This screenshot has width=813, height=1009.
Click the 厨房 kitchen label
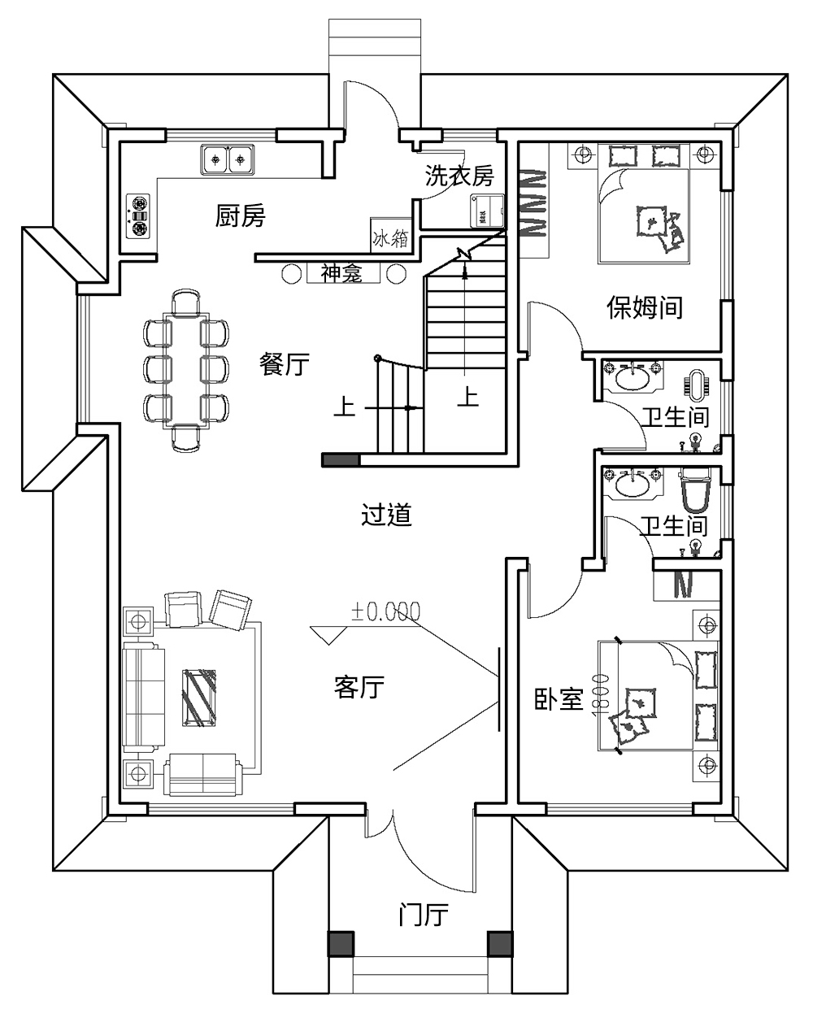pyautogui.click(x=241, y=216)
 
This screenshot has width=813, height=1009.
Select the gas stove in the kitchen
pyautogui.click(x=139, y=215)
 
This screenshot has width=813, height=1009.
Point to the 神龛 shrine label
pyautogui.click(x=341, y=273)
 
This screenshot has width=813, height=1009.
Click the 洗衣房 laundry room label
pyautogui.click(x=459, y=176)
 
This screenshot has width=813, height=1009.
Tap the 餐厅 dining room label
pyautogui.click(x=285, y=363)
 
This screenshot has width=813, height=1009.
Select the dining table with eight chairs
pyautogui.click(x=186, y=369)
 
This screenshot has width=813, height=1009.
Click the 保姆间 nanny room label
pyautogui.click(x=645, y=307)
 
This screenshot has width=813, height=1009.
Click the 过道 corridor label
pyautogui.click(x=386, y=515)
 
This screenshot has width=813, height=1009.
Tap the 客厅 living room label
pyautogui.click(x=359, y=688)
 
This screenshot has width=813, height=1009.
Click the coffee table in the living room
pyautogui.click(x=199, y=697)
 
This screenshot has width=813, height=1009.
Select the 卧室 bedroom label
pyautogui.click(x=559, y=699)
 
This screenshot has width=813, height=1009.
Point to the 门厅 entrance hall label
pyautogui.click(x=423, y=915)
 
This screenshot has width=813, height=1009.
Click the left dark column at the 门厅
pyautogui.click(x=341, y=943)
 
